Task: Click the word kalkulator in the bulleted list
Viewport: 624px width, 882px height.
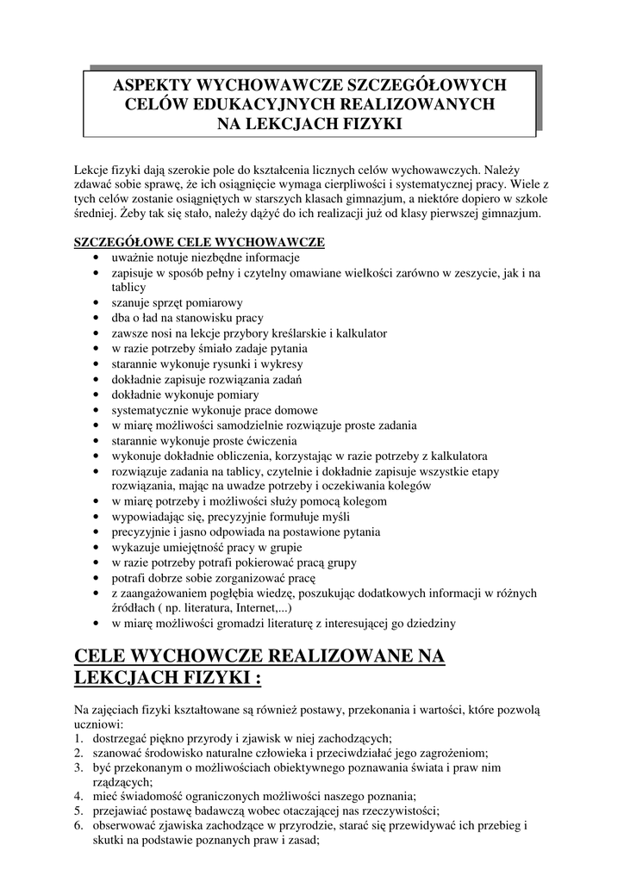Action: point(362,332)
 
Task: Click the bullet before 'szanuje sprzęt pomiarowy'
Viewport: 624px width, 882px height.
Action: point(95,303)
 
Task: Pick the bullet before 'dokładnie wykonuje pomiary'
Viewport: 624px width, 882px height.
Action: point(95,394)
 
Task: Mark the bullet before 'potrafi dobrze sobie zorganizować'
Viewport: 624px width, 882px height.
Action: point(95,577)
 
